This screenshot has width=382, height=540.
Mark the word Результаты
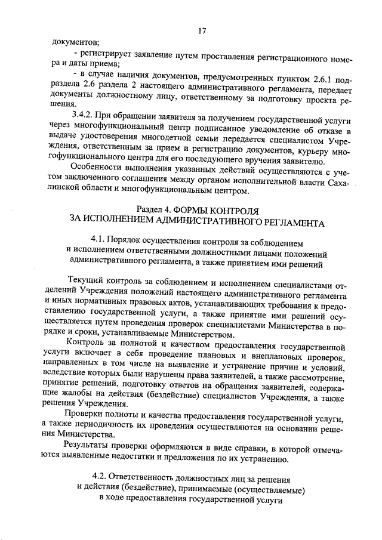(88, 445)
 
